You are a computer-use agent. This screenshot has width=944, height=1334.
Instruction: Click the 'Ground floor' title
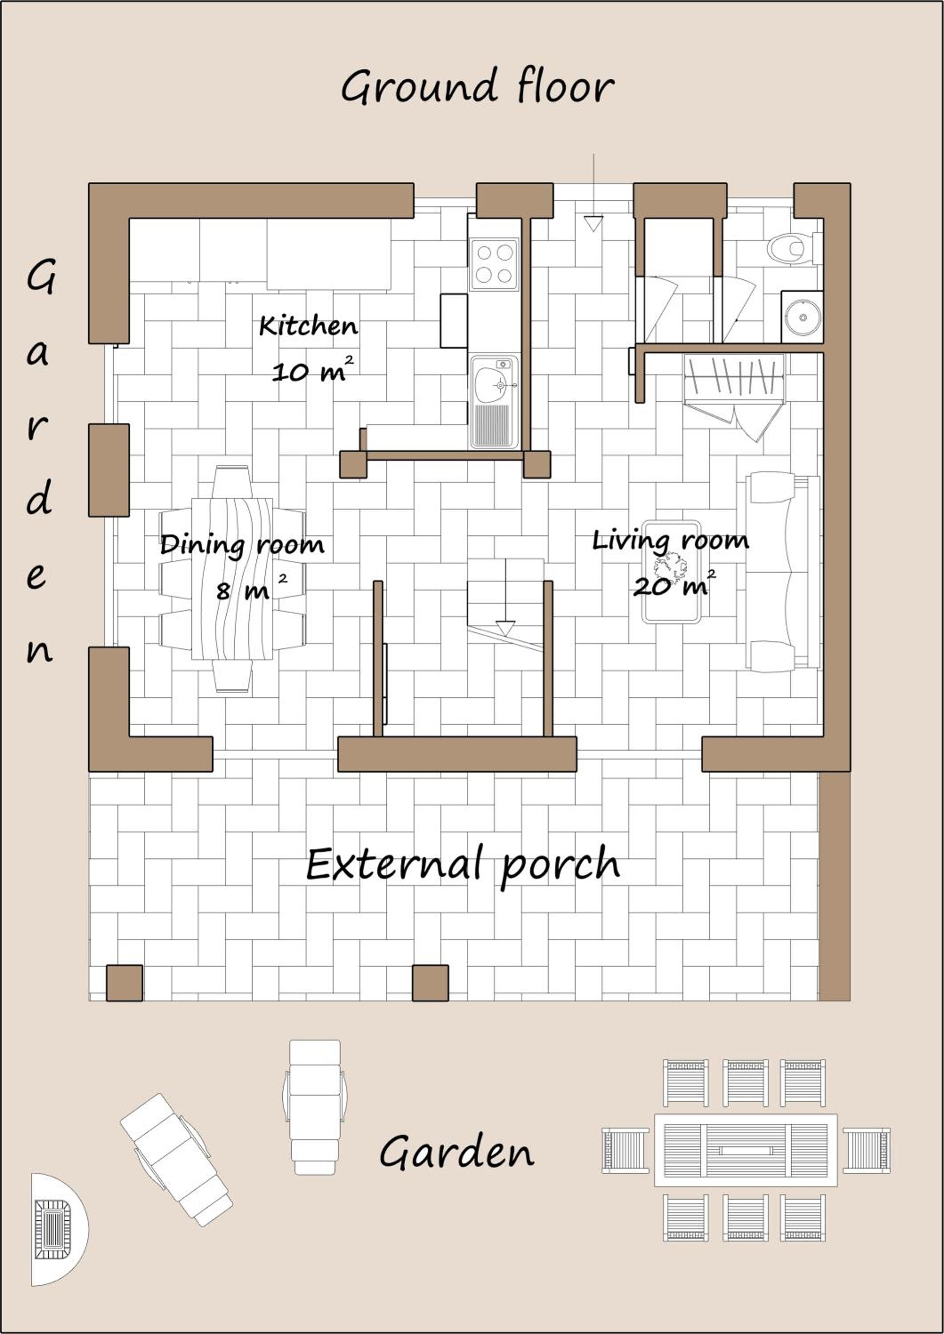[477, 87]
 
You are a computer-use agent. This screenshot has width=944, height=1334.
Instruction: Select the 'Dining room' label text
[242, 545]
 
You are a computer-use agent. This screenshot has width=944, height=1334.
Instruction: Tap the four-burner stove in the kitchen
[494, 265]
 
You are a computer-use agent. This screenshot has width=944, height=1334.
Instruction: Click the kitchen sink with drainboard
[494, 401]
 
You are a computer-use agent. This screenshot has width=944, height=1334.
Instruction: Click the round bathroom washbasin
[803, 317]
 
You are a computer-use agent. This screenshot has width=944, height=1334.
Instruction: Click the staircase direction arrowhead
[506, 628]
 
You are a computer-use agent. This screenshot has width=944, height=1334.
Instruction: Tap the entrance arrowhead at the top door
[593, 224]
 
